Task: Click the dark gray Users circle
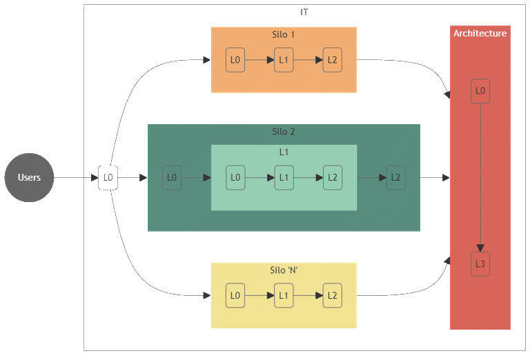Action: point(29,178)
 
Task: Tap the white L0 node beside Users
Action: point(108,178)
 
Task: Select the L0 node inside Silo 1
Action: point(235,60)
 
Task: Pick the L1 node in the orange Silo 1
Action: point(284,60)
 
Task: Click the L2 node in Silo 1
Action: point(333,60)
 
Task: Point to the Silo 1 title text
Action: point(283,34)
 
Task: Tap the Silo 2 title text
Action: point(284,132)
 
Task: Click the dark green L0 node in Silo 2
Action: point(172,178)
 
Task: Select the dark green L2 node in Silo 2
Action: point(396,178)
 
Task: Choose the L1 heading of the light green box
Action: point(284,152)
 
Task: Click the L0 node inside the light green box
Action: point(235,178)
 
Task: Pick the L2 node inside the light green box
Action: point(333,178)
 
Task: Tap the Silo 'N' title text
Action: point(284,270)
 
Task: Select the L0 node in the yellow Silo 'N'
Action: point(235,295)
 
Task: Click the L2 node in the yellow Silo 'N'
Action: point(333,295)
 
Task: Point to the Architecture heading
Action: point(480,33)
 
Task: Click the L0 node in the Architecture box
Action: point(480,91)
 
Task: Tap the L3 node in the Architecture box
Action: point(480,264)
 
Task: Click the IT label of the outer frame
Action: point(304,12)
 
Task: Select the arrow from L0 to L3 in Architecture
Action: point(480,178)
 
